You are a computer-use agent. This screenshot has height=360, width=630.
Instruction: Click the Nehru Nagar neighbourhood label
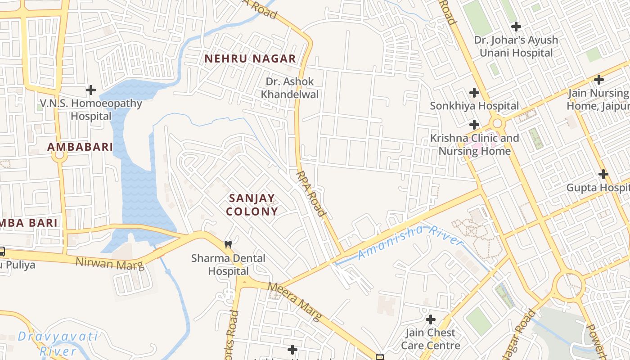(x=250, y=58)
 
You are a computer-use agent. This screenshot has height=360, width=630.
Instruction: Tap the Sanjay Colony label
(x=252, y=205)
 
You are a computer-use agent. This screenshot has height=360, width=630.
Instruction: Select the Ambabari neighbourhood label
(x=80, y=147)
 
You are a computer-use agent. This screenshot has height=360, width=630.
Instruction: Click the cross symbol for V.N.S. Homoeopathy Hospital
(x=91, y=90)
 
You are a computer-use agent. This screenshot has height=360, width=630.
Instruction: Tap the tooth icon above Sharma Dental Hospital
(x=228, y=245)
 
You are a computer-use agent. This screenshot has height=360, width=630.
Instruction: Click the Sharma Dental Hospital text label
(x=228, y=265)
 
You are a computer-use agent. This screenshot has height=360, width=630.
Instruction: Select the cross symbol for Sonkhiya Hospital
(x=474, y=93)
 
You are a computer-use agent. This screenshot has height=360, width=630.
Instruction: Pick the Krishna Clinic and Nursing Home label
(x=474, y=144)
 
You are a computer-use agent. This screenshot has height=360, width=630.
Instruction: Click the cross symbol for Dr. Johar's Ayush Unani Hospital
(x=516, y=27)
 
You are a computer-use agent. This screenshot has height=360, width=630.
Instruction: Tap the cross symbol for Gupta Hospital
(x=603, y=174)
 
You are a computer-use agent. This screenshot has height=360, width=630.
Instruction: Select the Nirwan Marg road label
(x=110, y=263)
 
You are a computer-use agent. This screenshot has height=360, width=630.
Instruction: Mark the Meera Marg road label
(x=295, y=301)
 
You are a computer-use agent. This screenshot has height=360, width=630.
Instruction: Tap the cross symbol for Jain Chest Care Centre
(x=431, y=320)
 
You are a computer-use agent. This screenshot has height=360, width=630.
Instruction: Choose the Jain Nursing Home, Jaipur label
(x=598, y=99)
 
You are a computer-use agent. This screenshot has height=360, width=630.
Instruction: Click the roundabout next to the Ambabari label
(x=59, y=156)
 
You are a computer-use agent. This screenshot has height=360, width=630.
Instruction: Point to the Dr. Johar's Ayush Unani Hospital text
(x=516, y=46)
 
